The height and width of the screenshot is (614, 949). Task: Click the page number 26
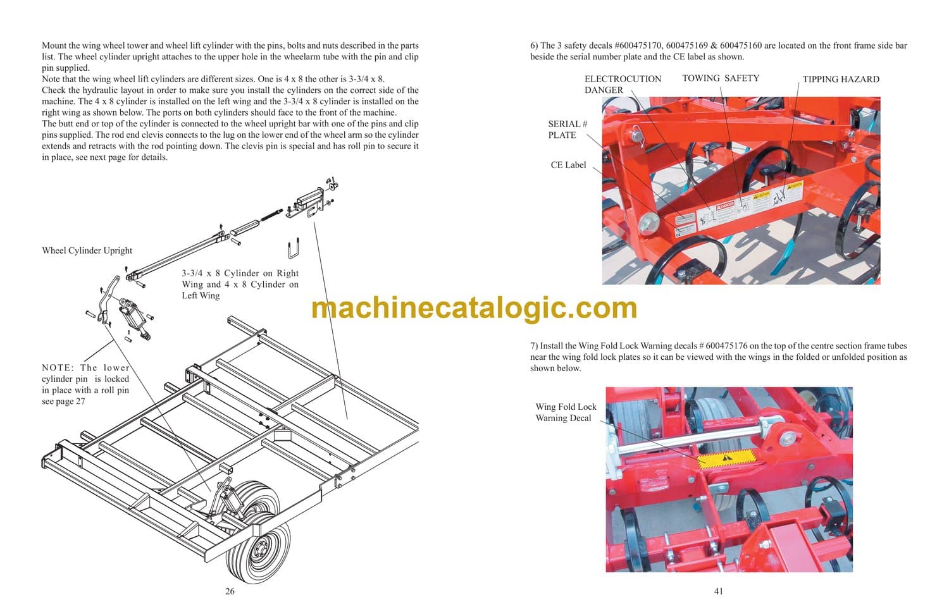[x=230, y=591]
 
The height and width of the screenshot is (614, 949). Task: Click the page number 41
[x=719, y=591]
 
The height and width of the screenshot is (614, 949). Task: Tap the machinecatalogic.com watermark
[x=474, y=309]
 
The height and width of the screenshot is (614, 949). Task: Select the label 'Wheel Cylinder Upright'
[x=87, y=250]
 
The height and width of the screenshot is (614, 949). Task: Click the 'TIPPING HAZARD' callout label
[x=841, y=79]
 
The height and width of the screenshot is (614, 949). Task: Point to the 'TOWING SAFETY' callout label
[x=721, y=78]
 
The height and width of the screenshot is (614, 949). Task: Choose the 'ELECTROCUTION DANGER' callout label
[x=623, y=84]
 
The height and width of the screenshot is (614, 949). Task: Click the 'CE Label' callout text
[x=568, y=164]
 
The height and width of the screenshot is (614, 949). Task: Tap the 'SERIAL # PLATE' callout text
[x=568, y=129]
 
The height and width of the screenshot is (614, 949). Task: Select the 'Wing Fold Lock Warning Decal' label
[x=566, y=412]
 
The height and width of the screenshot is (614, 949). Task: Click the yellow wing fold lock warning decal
[x=726, y=458]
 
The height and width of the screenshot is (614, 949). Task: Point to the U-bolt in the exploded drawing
[x=294, y=248]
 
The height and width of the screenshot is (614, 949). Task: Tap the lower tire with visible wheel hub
[x=258, y=552]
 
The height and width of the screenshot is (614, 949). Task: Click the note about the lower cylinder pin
[x=85, y=384]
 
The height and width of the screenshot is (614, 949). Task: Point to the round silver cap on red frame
[x=649, y=223]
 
